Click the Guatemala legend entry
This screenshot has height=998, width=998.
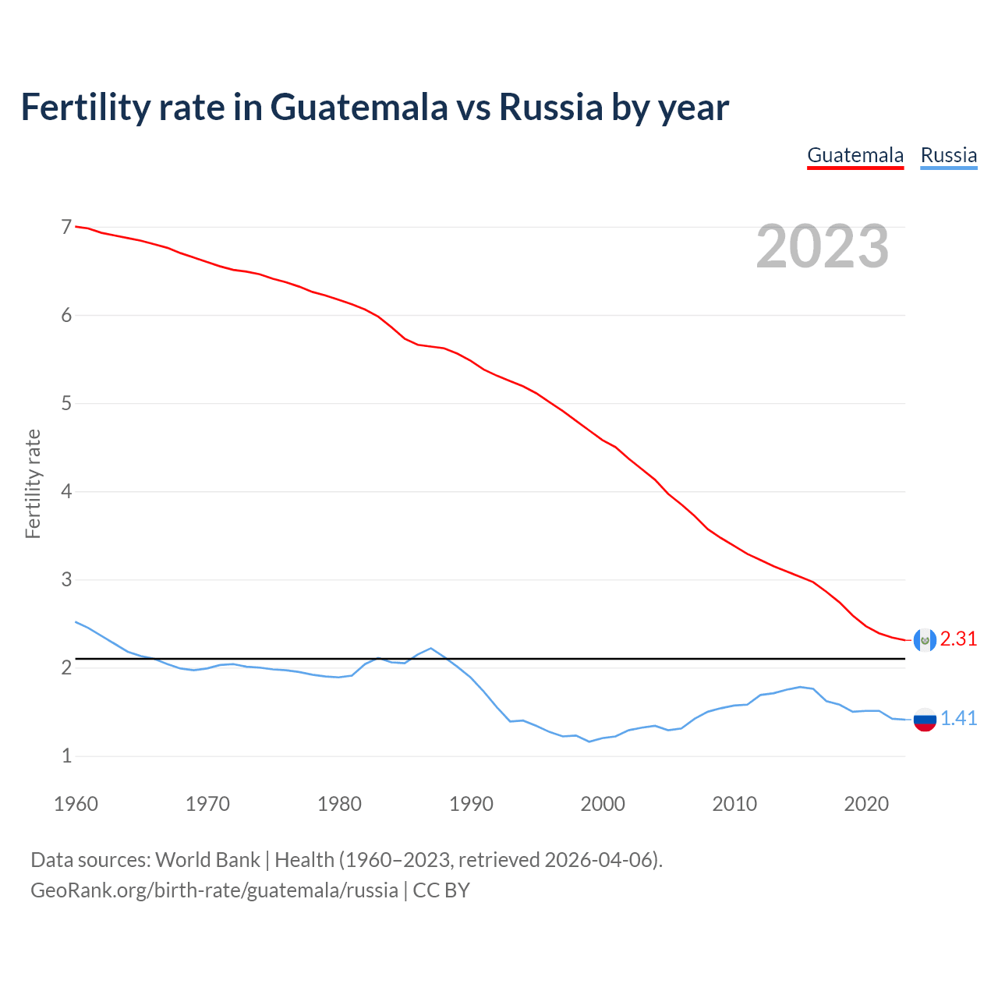point(855,155)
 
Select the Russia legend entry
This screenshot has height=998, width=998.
point(948,155)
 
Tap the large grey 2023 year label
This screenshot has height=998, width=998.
point(822,246)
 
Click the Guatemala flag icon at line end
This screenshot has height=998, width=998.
point(924,639)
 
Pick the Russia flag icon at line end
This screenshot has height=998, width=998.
point(924,719)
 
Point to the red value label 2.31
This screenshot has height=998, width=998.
point(958,639)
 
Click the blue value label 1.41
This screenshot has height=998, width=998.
point(958,719)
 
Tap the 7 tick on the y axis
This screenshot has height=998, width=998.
point(66,227)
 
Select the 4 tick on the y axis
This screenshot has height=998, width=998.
point(66,491)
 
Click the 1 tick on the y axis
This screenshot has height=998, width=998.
point(66,756)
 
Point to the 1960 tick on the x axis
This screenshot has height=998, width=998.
point(76,804)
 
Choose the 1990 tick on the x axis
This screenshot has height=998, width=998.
point(471,804)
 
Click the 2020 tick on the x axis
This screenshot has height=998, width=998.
point(866,804)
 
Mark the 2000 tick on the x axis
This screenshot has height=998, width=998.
point(603,804)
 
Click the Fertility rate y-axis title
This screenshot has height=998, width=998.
point(33,483)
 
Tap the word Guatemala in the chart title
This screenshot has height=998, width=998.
point(359,107)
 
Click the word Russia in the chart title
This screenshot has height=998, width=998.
point(550,107)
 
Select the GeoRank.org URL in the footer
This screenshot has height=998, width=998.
point(214,890)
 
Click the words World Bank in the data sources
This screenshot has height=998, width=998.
point(207,860)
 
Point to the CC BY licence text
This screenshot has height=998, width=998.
point(441,890)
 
